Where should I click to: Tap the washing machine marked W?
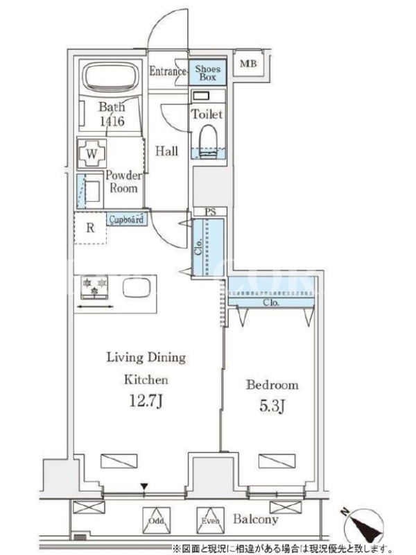[92, 154]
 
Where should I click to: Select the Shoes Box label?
[207, 73]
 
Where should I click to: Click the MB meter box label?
[248, 64]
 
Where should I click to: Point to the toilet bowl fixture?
[208, 141]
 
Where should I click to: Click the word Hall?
[166, 151]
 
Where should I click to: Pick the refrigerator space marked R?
[90, 228]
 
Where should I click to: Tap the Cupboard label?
[126, 219]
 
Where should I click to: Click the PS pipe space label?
[211, 212]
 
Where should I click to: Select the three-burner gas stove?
[94, 287]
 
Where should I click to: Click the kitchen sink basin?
[137, 287]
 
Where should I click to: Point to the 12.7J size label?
[146, 401]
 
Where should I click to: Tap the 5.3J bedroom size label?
[272, 407]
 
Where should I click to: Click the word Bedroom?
[272, 385]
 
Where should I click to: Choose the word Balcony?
[255, 519]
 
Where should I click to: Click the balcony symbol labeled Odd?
[157, 521]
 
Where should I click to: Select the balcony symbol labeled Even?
[210, 521]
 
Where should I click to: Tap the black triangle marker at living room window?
[144, 487]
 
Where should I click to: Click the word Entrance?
[168, 71]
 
